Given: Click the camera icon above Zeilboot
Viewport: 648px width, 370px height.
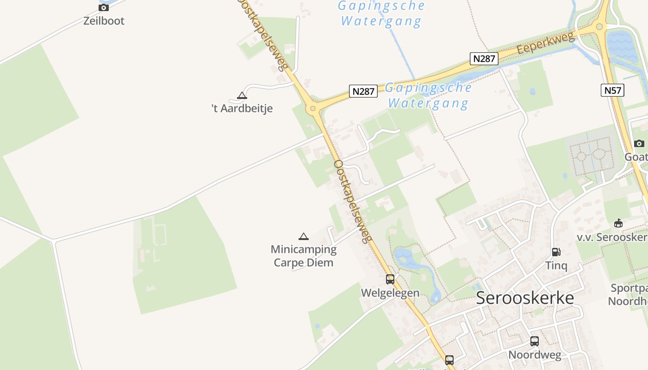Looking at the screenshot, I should tap(104, 7).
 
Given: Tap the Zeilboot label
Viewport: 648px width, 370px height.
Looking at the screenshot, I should tap(104, 21).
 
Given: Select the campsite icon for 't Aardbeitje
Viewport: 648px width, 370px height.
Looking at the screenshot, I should tap(242, 96).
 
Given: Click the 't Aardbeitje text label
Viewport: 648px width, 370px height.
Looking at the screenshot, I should tap(242, 109).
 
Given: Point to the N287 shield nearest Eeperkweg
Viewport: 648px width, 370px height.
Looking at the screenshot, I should tap(484, 59).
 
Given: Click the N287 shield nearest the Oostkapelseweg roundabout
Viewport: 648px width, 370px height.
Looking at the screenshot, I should tap(363, 91).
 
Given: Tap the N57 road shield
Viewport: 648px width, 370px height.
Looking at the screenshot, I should tap(613, 90).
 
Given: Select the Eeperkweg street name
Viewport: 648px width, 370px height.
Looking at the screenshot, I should tap(546, 43).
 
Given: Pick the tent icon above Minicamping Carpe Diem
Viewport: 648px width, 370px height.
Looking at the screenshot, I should tap(304, 237).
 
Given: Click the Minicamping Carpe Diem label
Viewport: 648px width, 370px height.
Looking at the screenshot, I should tap(304, 256).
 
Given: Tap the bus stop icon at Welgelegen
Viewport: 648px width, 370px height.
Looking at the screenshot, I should tap(390, 279).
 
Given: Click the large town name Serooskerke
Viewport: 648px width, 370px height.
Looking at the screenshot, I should tap(525, 298).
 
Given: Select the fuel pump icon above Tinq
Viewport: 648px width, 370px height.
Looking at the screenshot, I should tap(556, 252).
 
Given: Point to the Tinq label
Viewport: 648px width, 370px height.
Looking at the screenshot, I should tap(556, 265).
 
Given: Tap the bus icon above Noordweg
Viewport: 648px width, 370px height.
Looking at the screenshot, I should tap(535, 341).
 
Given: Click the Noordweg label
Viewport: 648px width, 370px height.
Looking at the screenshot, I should tap(535, 355).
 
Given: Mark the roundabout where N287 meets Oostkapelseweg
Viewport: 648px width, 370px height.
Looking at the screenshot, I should tap(312, 109).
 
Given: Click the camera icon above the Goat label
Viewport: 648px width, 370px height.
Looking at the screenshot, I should tap(639, 143).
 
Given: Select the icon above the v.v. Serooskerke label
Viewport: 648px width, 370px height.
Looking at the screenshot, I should tap(618, 223).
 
